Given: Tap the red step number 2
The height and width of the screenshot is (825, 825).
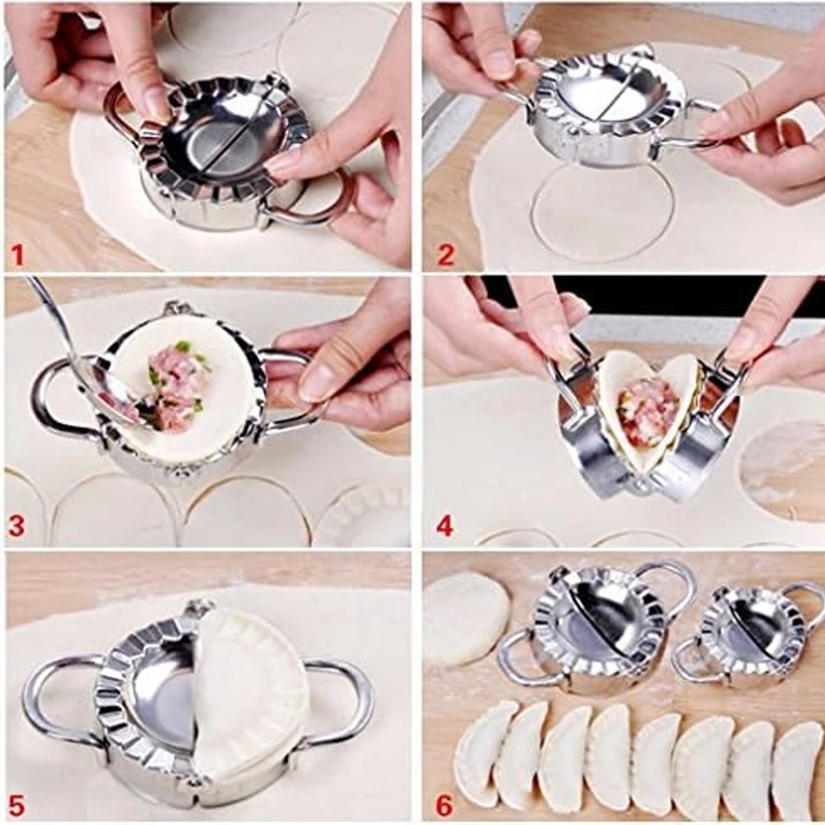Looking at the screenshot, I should [x=445, y=254].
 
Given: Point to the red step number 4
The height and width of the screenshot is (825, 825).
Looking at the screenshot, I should [x=445, y=526].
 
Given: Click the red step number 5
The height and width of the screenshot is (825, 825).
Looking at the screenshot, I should [x=16, y=803].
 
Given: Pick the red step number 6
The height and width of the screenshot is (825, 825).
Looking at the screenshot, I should [x=445, y=803].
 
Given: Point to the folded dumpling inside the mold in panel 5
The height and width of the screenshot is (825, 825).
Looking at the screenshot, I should [x=247, y=693].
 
